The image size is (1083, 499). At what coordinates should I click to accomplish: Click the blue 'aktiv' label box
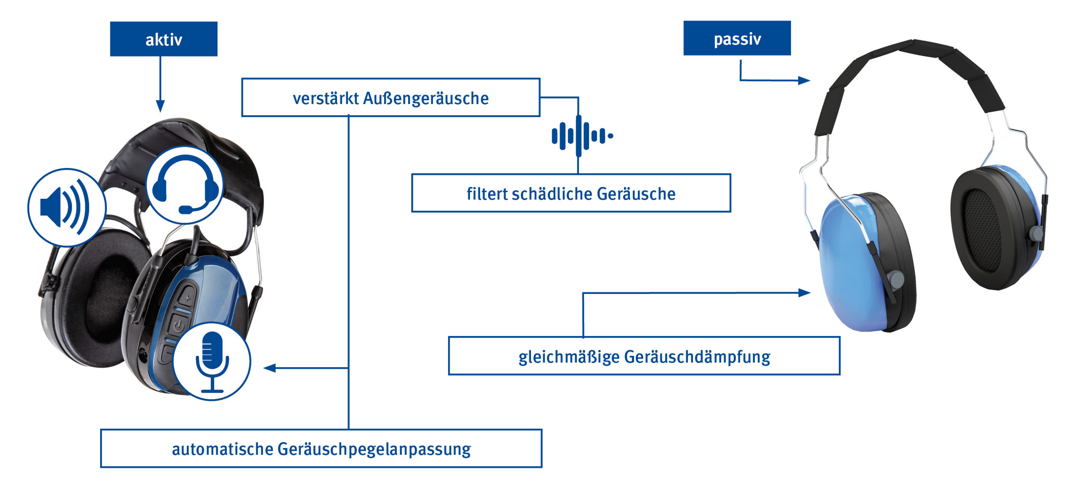click(164, 39)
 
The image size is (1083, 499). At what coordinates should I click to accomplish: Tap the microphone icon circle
click(212, 361)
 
